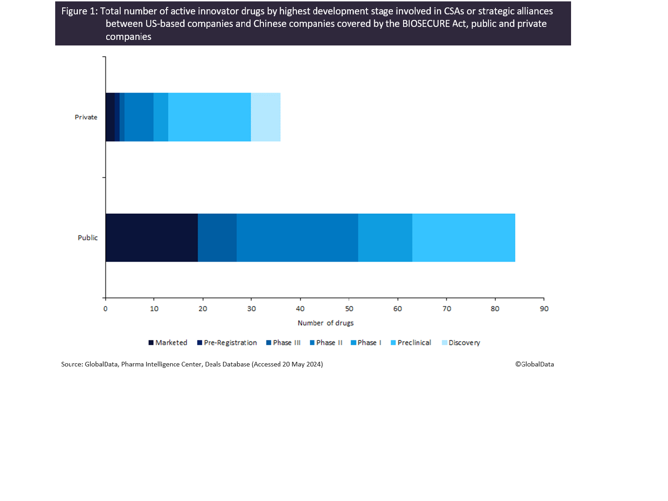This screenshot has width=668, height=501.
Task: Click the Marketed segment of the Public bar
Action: click(152, 238)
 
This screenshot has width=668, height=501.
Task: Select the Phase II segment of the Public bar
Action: click(297, 238)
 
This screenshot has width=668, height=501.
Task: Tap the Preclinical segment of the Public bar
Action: click(463, 238)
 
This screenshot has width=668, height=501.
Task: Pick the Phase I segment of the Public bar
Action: click(385, 238)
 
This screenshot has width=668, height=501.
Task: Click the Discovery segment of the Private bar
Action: click(265, 117)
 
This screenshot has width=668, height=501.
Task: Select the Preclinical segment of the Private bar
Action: click(209, 117)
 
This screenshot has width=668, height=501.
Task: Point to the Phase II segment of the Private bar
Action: click(139, 117)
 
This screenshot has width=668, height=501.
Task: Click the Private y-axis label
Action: click(86, 117)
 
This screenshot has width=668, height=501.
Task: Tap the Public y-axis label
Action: click(88, 238)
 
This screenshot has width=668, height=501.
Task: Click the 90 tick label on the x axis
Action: click(544, 309)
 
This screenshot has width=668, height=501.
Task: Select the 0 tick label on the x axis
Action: click(106, 309)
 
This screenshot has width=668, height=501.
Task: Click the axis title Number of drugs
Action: click(325, 323)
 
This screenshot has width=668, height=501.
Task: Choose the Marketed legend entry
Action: click(168, 343)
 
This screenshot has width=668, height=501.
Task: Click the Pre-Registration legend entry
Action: click(227, 343)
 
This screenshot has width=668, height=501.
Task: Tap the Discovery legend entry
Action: click(461, 343)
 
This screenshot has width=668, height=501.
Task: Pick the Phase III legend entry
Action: click(283, 343)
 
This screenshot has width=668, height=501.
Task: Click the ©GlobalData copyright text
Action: click(534, 364)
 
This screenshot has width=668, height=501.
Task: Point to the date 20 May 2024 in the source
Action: click(302, 364)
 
